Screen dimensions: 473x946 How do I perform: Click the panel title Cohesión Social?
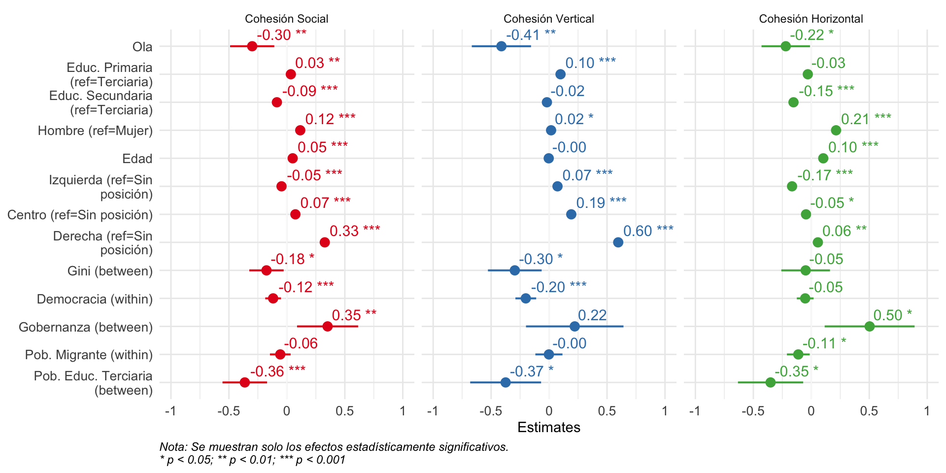point(286,19)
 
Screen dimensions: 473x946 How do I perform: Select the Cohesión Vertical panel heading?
point(548,19)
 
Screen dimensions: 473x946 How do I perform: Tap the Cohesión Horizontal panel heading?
point(811,19)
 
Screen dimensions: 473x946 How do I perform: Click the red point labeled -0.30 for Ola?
point(252,46)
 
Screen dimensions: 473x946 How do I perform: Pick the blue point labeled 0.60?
point(618,242)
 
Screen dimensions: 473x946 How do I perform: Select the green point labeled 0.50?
point(869,326)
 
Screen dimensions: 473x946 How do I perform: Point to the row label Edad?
point(137,159)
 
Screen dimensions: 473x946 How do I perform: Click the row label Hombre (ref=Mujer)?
point(95,131)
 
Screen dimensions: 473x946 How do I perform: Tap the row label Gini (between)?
point(110,271)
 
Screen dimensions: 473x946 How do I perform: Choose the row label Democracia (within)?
point(95,299)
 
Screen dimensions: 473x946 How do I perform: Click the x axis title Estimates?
point(548,427)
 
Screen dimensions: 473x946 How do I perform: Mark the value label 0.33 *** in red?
point(355,231)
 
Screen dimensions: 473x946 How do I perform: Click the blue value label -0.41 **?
point(531,35)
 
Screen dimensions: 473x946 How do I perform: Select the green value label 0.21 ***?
point(866,119)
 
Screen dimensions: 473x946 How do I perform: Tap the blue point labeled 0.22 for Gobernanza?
point(574,326)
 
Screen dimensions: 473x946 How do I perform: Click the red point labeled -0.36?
point(244,382)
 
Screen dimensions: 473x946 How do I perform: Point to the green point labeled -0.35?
point(771,382)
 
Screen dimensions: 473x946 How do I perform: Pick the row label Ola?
point(142,47)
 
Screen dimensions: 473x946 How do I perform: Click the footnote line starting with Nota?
point(334,447)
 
